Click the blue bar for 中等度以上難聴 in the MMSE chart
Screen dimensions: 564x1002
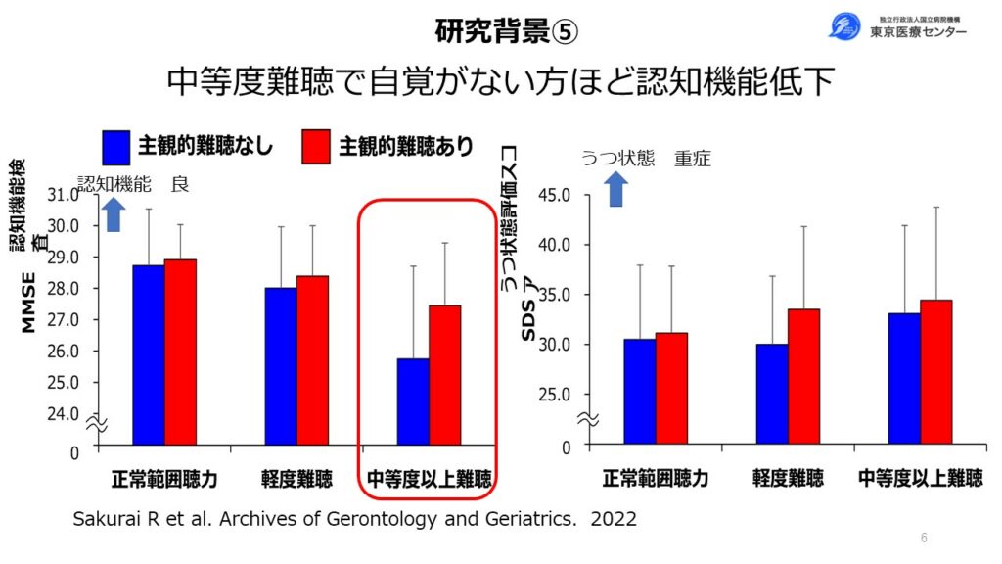click(412, 401)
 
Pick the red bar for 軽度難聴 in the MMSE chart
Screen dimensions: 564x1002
click(313, 360)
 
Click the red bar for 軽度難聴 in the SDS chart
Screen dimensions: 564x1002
click(803, 377)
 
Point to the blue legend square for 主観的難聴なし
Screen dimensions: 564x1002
click(116, 146)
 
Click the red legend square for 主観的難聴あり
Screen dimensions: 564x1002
click(316, 146)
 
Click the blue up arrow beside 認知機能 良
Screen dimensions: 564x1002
click(114, 213)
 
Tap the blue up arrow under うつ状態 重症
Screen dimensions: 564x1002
click(615, 189)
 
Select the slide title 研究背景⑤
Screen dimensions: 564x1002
click(507, 31)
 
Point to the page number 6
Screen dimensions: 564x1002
click(924, 538)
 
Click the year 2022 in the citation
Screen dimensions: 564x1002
click(612, 519)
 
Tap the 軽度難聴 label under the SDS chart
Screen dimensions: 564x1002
click(788, 479)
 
